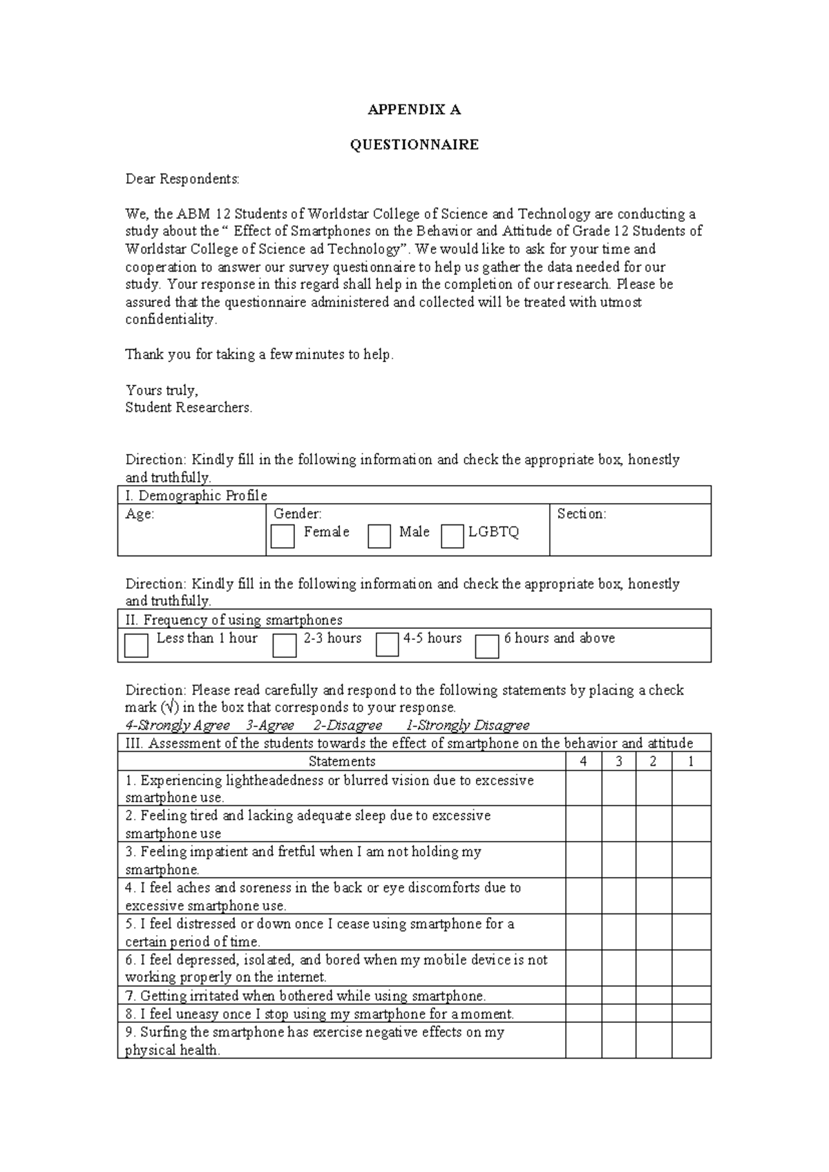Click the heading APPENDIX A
(x=414, y=110)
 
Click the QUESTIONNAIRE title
(x=414, y=145)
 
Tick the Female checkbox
(x=283, y=536)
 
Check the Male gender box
(x=379, y=536)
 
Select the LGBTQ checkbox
(x=452, y=536)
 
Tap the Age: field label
(x=140, y=514)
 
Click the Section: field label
(x=582, y=514)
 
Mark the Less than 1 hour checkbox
(x=136, y=645)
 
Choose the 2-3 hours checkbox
(x=284, y=645)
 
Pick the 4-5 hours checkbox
(x=388, y=645)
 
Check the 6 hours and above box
(x=487, y=646)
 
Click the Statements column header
(x=342, y=762)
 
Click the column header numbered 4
(x=584, y=762)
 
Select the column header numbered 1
(x=691, y=762)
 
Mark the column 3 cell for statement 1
(x=619, y=788)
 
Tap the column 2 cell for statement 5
(x=654, y=932)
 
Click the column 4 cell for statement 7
(x=584, y=996)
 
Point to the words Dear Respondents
(x=182, y=180)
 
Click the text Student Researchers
(x=189, y=408)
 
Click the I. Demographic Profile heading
(x=196, y=495)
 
